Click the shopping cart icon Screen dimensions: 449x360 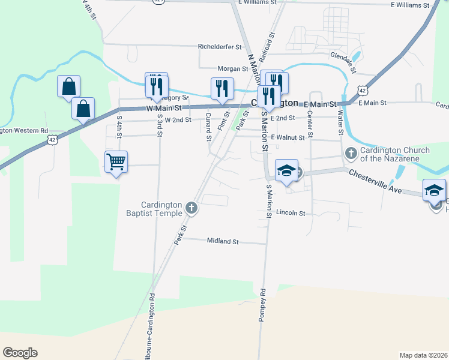coord(116,161)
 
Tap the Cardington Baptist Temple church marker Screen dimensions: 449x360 coord(191,208)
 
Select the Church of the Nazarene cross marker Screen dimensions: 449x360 coord(351,154)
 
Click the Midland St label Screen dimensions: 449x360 coord(223,242)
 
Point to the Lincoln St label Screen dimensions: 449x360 coord(291,213)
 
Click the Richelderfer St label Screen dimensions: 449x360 coord(220,46)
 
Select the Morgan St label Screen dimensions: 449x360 coord(233,69)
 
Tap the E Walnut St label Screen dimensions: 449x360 coord(288,137)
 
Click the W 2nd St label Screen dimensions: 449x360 coord(178,119)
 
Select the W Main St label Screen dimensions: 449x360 coord(164,109)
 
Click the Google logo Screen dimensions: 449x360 coord(20,353)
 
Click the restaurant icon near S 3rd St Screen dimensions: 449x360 coord(156,84)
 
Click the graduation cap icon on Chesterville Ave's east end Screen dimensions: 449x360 coord(434,190)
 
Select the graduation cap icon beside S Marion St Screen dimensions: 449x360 coord(287,170)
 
